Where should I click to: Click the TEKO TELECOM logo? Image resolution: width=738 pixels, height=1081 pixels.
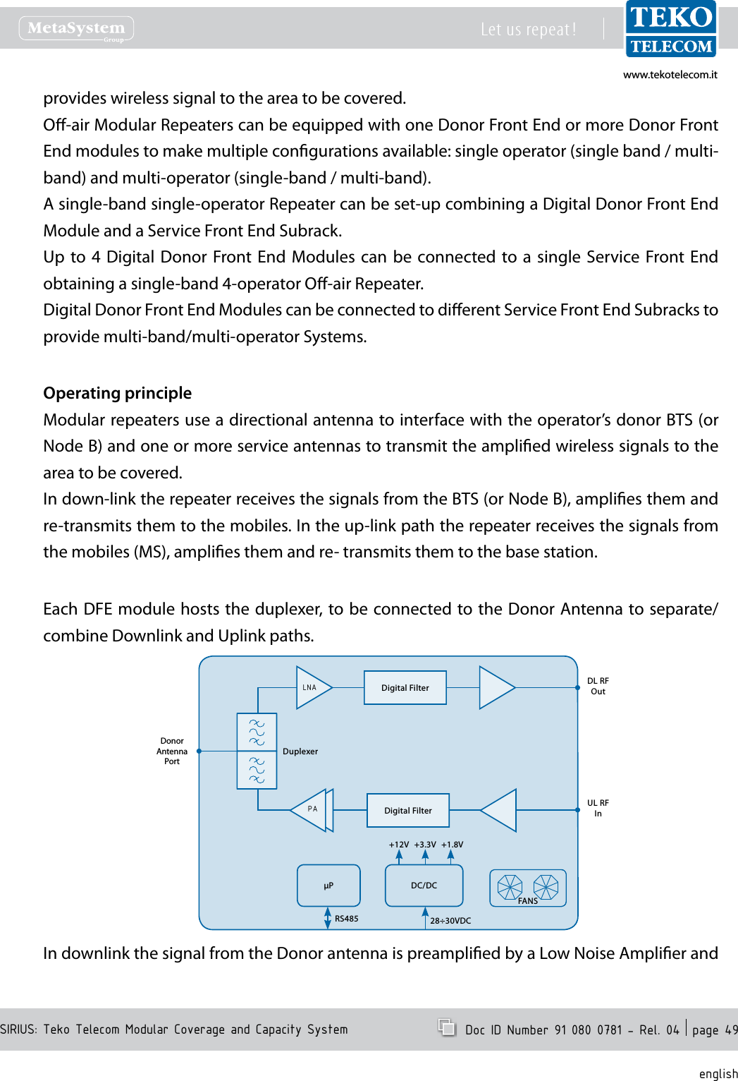tap(670, 29)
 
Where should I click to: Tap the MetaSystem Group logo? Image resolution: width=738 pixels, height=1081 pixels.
tap(76, 29)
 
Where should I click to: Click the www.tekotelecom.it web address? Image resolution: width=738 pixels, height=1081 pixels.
tap(670, 75)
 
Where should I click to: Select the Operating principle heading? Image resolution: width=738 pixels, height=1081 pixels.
tap(118, 393)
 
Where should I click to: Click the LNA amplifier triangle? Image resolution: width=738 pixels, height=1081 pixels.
tap(312, 687)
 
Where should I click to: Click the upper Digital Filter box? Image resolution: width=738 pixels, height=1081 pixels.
tap(405, 687)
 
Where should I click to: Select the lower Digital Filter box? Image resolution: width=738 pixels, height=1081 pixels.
tap(408, 810)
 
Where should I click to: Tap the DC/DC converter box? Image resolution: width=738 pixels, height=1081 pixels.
tap(424, 885)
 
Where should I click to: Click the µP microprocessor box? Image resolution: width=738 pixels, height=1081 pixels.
tap(328, 885)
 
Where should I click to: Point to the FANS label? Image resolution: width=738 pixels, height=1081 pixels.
tap(528, 901)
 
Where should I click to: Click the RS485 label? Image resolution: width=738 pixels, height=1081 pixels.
tap(347, 919)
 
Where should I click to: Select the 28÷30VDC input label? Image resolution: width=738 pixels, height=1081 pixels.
tap(450, 921)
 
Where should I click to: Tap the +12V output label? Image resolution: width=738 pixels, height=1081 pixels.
tap(399, 845)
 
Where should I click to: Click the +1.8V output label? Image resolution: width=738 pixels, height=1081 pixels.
tap(453, 845)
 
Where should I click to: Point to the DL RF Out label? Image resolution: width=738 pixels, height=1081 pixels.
tap(598, 687)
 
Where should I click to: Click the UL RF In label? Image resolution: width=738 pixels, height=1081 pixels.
tap(598, 809)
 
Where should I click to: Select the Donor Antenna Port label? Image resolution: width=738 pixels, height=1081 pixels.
tap(172, 751)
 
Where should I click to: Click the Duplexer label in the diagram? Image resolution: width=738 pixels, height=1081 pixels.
tap(300, 751)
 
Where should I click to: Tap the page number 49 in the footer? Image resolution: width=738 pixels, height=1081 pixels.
tap(731, 1030)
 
